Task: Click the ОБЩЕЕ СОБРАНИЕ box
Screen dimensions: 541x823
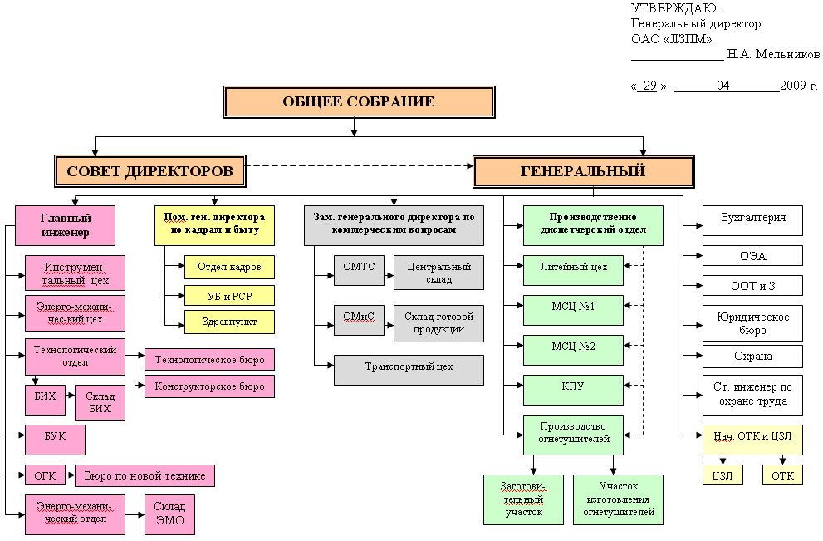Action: click(x=358, y=102)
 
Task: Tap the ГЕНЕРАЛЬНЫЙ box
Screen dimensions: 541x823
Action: click(x=583, y=171)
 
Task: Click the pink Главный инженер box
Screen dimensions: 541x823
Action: click(x=65, y=225)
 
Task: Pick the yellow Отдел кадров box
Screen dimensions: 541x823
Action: click(x=229, y=267)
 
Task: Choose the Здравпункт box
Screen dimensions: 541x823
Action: click(x=229, y=321)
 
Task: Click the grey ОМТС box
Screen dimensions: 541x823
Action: click(x=359, y=267)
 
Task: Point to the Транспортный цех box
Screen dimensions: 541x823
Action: click(x=409, y=370)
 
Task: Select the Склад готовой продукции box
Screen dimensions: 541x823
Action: click(x=438, y=323)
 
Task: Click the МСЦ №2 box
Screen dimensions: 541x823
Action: click(x=573, y=347)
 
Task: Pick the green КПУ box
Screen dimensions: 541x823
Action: click(x=573, y=388)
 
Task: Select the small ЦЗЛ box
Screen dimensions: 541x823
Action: click(x=723, y=475)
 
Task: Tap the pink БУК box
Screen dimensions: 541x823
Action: click(x=55, y=439)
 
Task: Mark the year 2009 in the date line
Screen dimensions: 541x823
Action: click(x=793, y=86)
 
